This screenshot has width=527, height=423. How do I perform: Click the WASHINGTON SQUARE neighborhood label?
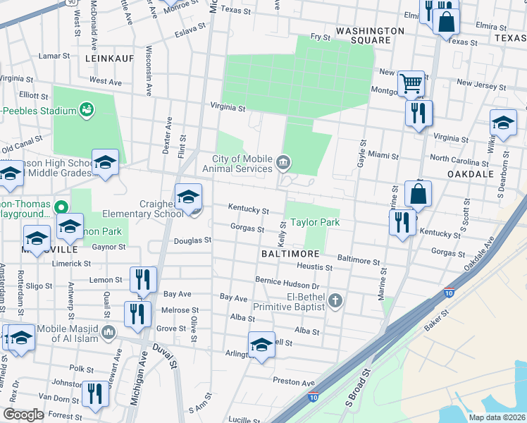[x=370, y=35]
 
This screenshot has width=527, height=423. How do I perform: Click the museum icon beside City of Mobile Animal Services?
[x=283, y=163]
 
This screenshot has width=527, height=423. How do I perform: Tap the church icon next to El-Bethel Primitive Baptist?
[x=336, y=300]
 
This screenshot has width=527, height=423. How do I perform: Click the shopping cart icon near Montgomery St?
[x=411, y=85]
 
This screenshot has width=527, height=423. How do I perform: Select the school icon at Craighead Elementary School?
[x=188, y=197]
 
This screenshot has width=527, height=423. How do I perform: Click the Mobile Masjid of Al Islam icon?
[x=108, y=331]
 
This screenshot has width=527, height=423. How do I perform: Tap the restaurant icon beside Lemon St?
[x=143, y=280]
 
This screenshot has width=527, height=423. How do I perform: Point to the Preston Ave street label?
[x=294, y=381]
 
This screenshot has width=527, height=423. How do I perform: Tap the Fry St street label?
[x=321, y=36]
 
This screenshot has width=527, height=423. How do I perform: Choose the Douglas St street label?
[x=193, y=240]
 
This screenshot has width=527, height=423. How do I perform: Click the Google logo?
[x=23, y=415]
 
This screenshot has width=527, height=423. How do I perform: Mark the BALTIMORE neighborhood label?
[x=291, y=252]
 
